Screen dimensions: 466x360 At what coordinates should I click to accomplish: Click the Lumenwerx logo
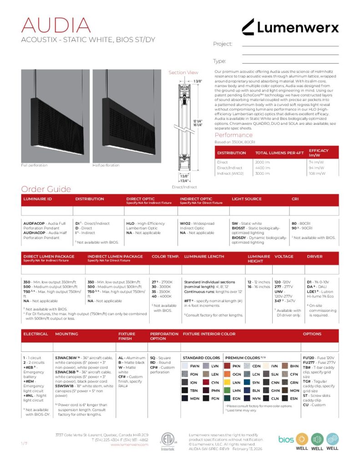tap(290, 27)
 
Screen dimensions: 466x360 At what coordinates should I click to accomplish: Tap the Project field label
tap(223, 44)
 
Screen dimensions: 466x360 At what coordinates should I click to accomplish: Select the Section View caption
tap(183, 72)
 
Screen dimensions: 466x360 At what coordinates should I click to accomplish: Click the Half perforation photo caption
tap(106, 165)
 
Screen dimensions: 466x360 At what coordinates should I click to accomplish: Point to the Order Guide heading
tap(46, 189)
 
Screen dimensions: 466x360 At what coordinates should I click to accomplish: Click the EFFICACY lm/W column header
tap(319, 152)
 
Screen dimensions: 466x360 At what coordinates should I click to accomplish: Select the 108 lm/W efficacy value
tap(317, 173)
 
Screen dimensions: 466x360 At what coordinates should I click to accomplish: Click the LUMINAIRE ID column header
tap(38, 199)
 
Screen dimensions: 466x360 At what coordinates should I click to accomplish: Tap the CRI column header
tap(295, 199)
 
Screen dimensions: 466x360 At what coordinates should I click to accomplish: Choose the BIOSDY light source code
tap(239, 238)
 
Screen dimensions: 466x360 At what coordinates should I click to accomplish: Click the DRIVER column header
tap(315, 257)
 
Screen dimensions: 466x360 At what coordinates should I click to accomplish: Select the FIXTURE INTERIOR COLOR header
tap(209, 334)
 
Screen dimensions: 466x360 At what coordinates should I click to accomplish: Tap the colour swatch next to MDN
tap(185, 398)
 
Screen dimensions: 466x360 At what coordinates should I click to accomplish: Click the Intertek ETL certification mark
tap(167, 441)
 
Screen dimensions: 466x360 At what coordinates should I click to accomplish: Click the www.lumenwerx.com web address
tap(130, 445)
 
